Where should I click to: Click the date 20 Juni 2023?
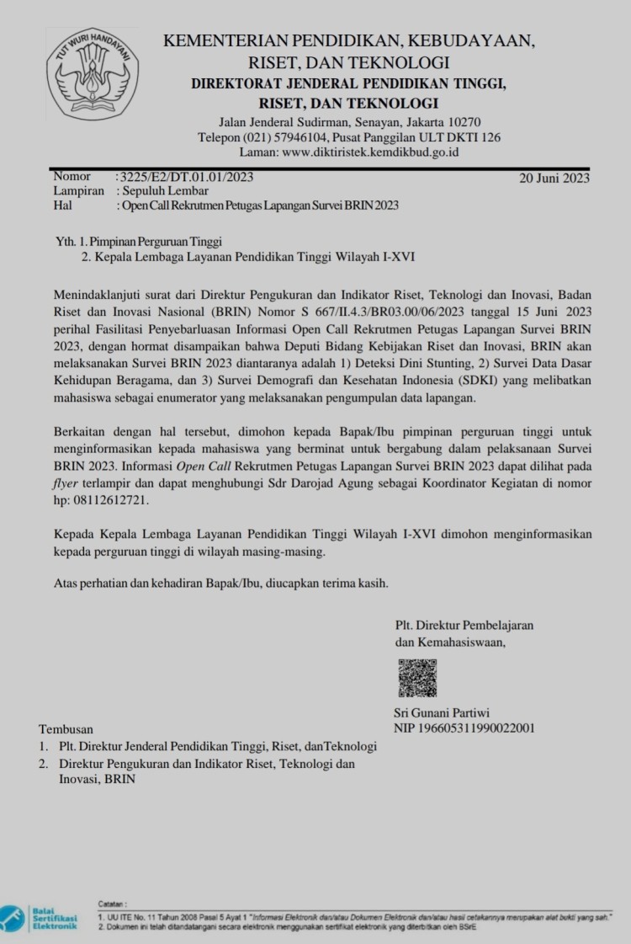554,178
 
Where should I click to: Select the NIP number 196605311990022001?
464,728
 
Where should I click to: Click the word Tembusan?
66,729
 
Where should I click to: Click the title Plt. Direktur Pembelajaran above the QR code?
464,625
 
